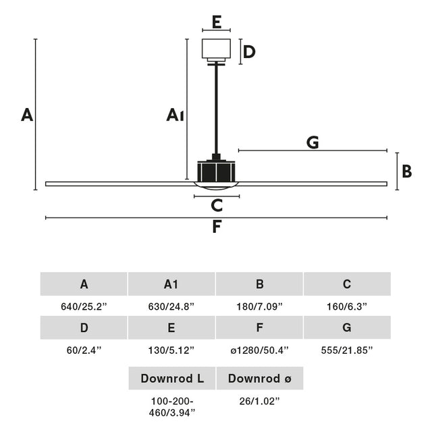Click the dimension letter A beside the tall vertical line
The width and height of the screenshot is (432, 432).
26,115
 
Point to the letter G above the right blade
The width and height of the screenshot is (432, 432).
312,142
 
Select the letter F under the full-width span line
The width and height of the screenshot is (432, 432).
217,227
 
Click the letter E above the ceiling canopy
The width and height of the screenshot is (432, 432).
217,22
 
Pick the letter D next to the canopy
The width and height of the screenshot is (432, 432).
249,52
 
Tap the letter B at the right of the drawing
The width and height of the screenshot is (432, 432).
406,171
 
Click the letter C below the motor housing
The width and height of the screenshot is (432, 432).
217,205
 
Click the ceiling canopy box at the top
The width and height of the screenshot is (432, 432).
217,49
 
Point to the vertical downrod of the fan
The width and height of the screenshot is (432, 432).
216,108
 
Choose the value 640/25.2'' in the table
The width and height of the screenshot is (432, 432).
84,306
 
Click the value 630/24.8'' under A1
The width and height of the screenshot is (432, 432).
171,306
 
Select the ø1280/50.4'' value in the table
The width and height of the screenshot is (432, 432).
259,350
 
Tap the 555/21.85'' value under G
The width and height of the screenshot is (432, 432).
347,350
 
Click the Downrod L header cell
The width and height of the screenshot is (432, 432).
171,378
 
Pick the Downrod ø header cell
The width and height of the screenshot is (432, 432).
259,378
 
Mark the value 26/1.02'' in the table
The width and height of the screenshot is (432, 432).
259,401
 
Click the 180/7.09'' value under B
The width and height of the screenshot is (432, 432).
259,306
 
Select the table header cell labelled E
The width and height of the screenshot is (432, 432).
171,328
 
